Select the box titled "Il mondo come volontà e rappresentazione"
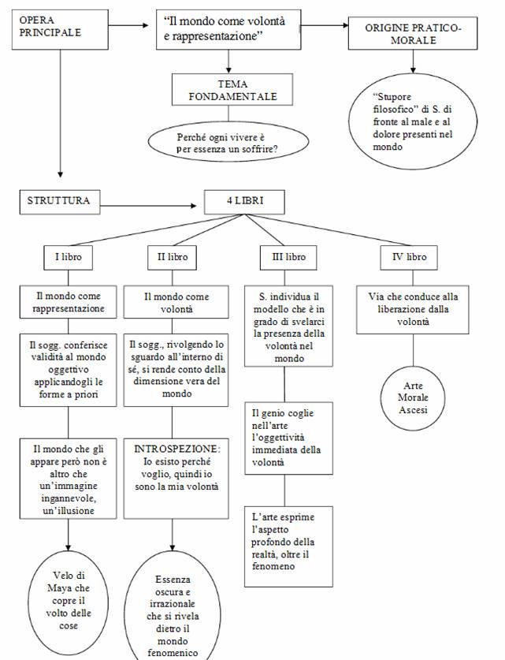coord(228,31)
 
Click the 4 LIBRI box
coord(244,202)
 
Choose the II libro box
coord(171,257)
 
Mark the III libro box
coord(284,257)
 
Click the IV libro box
coord(408,257)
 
